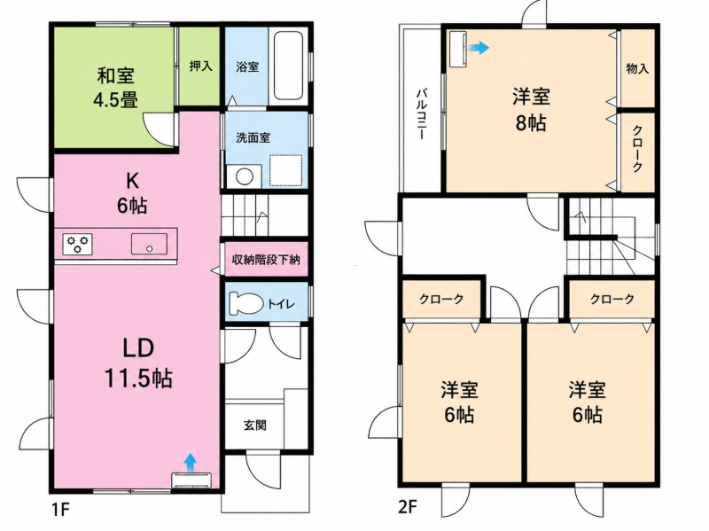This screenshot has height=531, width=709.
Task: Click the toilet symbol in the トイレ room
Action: click(246, 302)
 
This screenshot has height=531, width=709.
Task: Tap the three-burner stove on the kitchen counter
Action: click(77, 245)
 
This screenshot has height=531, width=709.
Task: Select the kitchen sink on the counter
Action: click(149, 244)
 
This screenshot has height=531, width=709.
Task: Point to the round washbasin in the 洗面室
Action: click(245, 176)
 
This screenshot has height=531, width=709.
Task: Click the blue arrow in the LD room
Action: click(191, 461)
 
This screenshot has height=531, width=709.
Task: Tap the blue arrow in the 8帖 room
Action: click(479, 47)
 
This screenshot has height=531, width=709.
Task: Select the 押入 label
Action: click(200, 66)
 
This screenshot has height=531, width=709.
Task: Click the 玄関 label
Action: click(255, 426)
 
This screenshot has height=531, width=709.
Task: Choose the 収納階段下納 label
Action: click(266, 260)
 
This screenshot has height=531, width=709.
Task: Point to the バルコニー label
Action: click(421, 114)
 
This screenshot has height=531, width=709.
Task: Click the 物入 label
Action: click(637, 69)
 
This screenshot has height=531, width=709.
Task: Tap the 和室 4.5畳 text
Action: click(116, 87)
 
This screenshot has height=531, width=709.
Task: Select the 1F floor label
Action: click(59, 510)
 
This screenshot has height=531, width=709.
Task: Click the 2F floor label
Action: click(407, 508)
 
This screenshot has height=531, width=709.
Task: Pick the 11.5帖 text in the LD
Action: click(138, 378)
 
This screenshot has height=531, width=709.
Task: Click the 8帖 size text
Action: click(531, 122)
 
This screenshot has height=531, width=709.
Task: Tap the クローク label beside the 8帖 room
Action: click(637, 149)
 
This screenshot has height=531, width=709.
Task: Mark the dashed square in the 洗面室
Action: click(285, 170)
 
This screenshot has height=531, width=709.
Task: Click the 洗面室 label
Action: click(253, 137)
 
